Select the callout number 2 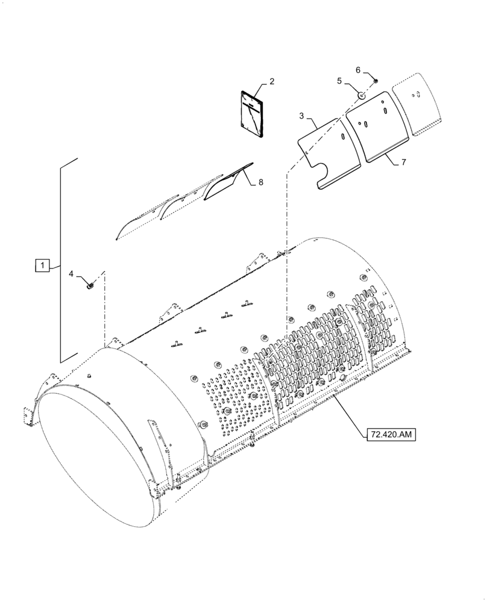(272, 81)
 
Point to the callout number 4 (71, 274)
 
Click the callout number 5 (339, 81)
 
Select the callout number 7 (403, 163)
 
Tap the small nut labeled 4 (90, 286)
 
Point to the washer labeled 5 (360, 95)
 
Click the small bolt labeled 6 (375, 80)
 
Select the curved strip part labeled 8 (228, 184)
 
